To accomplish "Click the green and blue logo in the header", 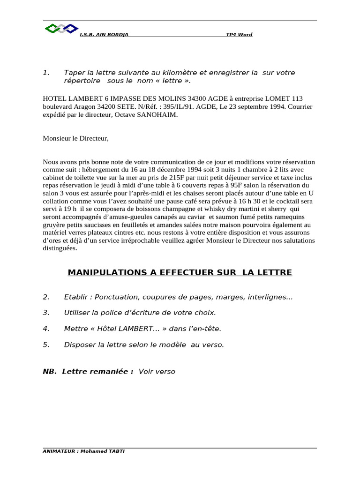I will click(61, 29).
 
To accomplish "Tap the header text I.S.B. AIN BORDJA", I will click(104, 35).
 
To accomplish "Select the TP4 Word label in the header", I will click(239, 35).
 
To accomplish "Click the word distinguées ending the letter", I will click(60, 248).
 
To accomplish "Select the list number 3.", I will click(46, 312).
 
